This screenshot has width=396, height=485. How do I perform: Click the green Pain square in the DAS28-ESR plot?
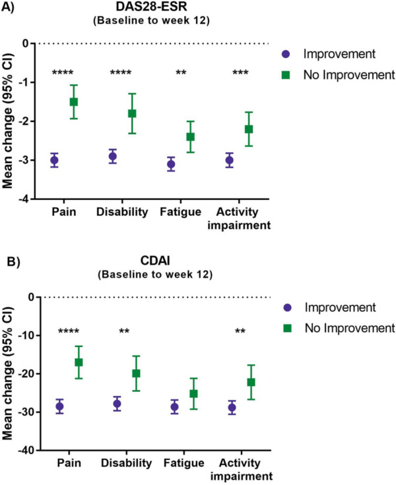(x=74, y=102)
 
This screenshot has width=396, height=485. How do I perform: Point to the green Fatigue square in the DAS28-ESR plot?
(x=172, y=137)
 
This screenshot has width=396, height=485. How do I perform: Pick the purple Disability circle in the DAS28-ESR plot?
(x=113, y=156)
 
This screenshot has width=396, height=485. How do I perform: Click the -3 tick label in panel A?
(x=29, y=160)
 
